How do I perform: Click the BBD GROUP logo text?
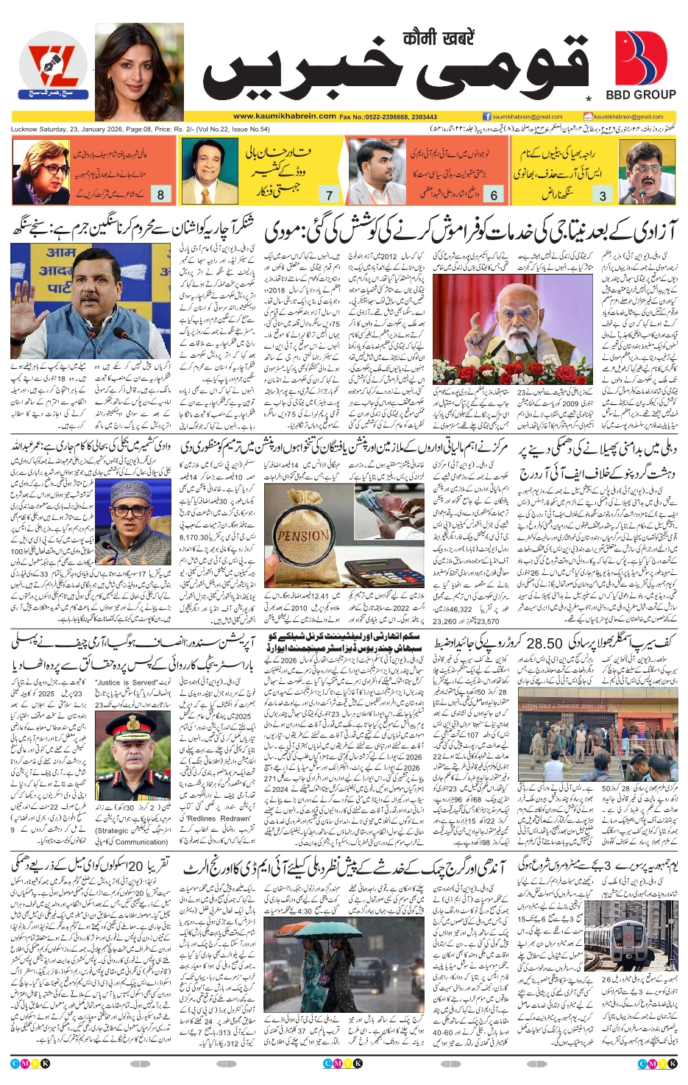click(640, 94)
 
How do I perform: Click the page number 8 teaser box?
click(160, 194)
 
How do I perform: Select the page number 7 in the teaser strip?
click(329, 195)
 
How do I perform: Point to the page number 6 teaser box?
click(494, 195)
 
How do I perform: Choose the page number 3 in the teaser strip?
click(603, 195)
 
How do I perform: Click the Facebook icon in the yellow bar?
click(486, 116)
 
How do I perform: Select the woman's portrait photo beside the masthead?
click(139, 71)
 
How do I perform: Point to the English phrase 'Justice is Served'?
click(127, 683)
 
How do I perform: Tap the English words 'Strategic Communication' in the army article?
click(132, 836)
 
